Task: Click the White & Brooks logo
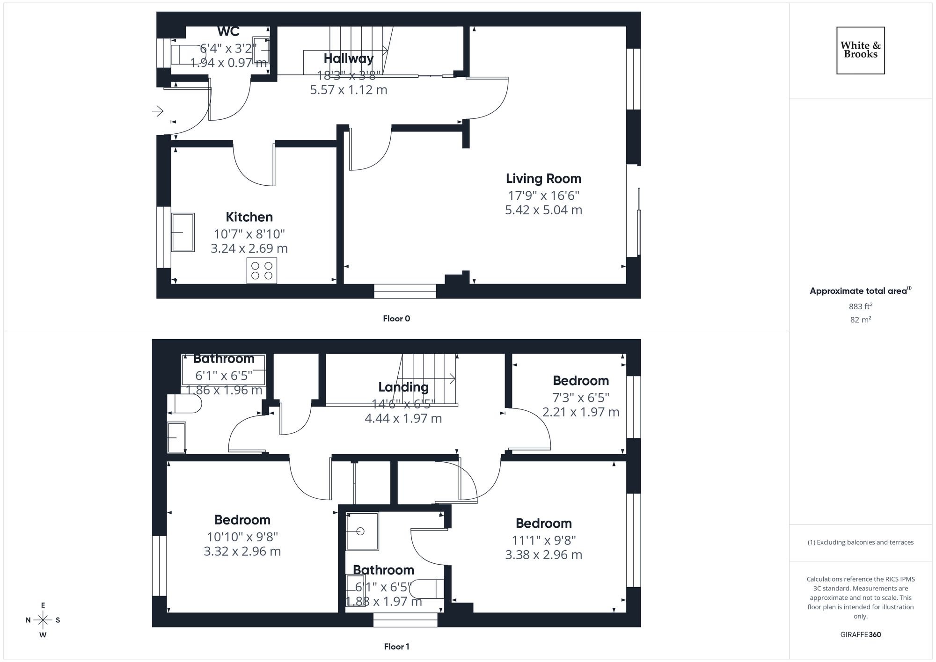[860, 50]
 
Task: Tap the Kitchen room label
[249, 217]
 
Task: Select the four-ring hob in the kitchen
[262, 270]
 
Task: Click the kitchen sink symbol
[183, 233]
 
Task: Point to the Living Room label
[543, 179]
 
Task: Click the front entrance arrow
[158, 111]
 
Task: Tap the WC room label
[228, 32]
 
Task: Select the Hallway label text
[348, 58]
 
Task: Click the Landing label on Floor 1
[403, 387]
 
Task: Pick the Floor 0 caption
[396, 319]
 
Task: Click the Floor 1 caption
[396, 647]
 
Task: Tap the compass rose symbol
[43, 620]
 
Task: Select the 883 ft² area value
[860, 306]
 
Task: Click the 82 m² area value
[860, 320]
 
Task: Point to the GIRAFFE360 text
[860, 635]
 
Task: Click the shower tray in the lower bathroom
[362, 531]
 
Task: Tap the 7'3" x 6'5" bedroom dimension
[581, 398]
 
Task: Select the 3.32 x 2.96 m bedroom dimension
[242, 552]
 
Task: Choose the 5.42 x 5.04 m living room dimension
[543, 210]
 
